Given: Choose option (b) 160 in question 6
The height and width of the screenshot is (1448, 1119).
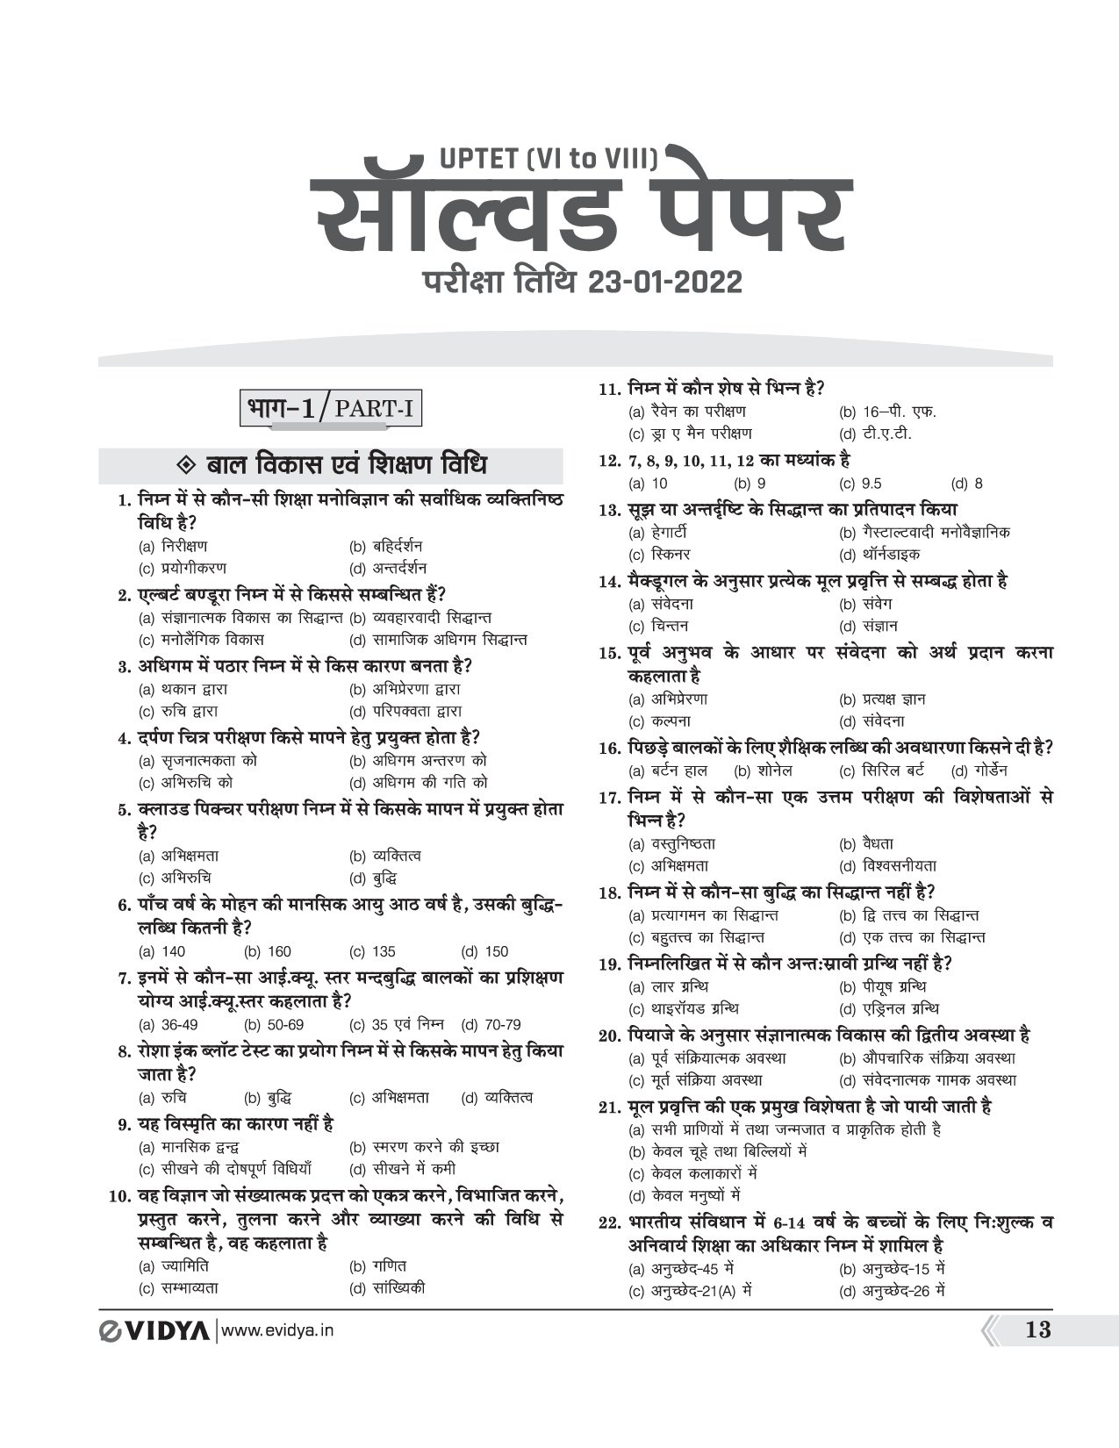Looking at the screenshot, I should (268, 951).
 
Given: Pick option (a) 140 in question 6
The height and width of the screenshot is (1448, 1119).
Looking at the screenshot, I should (162, 951).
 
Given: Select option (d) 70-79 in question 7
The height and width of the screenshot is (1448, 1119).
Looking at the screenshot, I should (491, 1024).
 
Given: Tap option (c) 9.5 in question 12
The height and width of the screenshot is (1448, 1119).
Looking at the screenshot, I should (860, 484).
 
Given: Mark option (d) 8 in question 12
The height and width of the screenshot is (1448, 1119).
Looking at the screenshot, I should (966, 484).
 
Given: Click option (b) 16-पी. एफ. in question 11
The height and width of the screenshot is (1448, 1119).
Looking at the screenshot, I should (887, 412).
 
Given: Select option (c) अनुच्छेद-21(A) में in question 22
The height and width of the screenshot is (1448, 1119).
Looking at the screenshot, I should (692, 1291).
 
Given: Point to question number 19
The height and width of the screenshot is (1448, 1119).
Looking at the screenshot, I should (610, 964).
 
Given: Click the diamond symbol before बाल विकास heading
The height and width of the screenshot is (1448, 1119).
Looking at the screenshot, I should (184, 465).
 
